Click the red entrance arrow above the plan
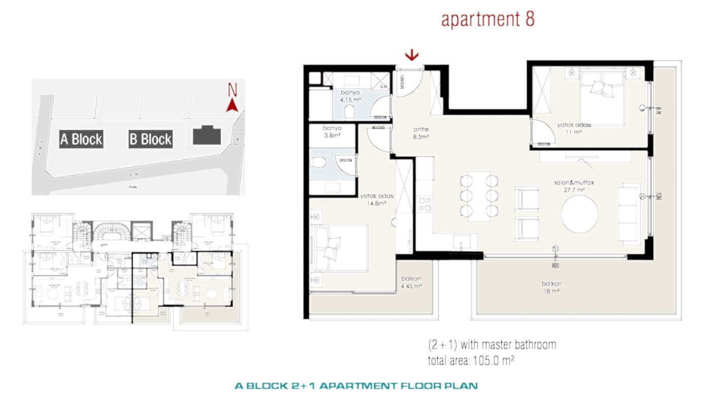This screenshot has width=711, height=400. coord(412,55)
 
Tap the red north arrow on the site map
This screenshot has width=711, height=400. coord(232,104)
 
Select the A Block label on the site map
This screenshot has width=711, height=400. coord(81,139)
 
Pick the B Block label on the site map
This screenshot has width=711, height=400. coord(150,139)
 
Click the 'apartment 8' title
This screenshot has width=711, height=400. coord(488,19)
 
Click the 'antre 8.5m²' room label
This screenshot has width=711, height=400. coord(421,132)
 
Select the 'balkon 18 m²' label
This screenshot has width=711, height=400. coord(550,288)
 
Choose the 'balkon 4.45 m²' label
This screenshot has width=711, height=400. coord(411,282)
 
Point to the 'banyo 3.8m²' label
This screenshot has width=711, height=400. coord(333,132)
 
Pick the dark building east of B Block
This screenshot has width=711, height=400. coord(207,136)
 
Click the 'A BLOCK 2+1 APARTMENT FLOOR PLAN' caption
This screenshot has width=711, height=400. coord(355,386)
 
